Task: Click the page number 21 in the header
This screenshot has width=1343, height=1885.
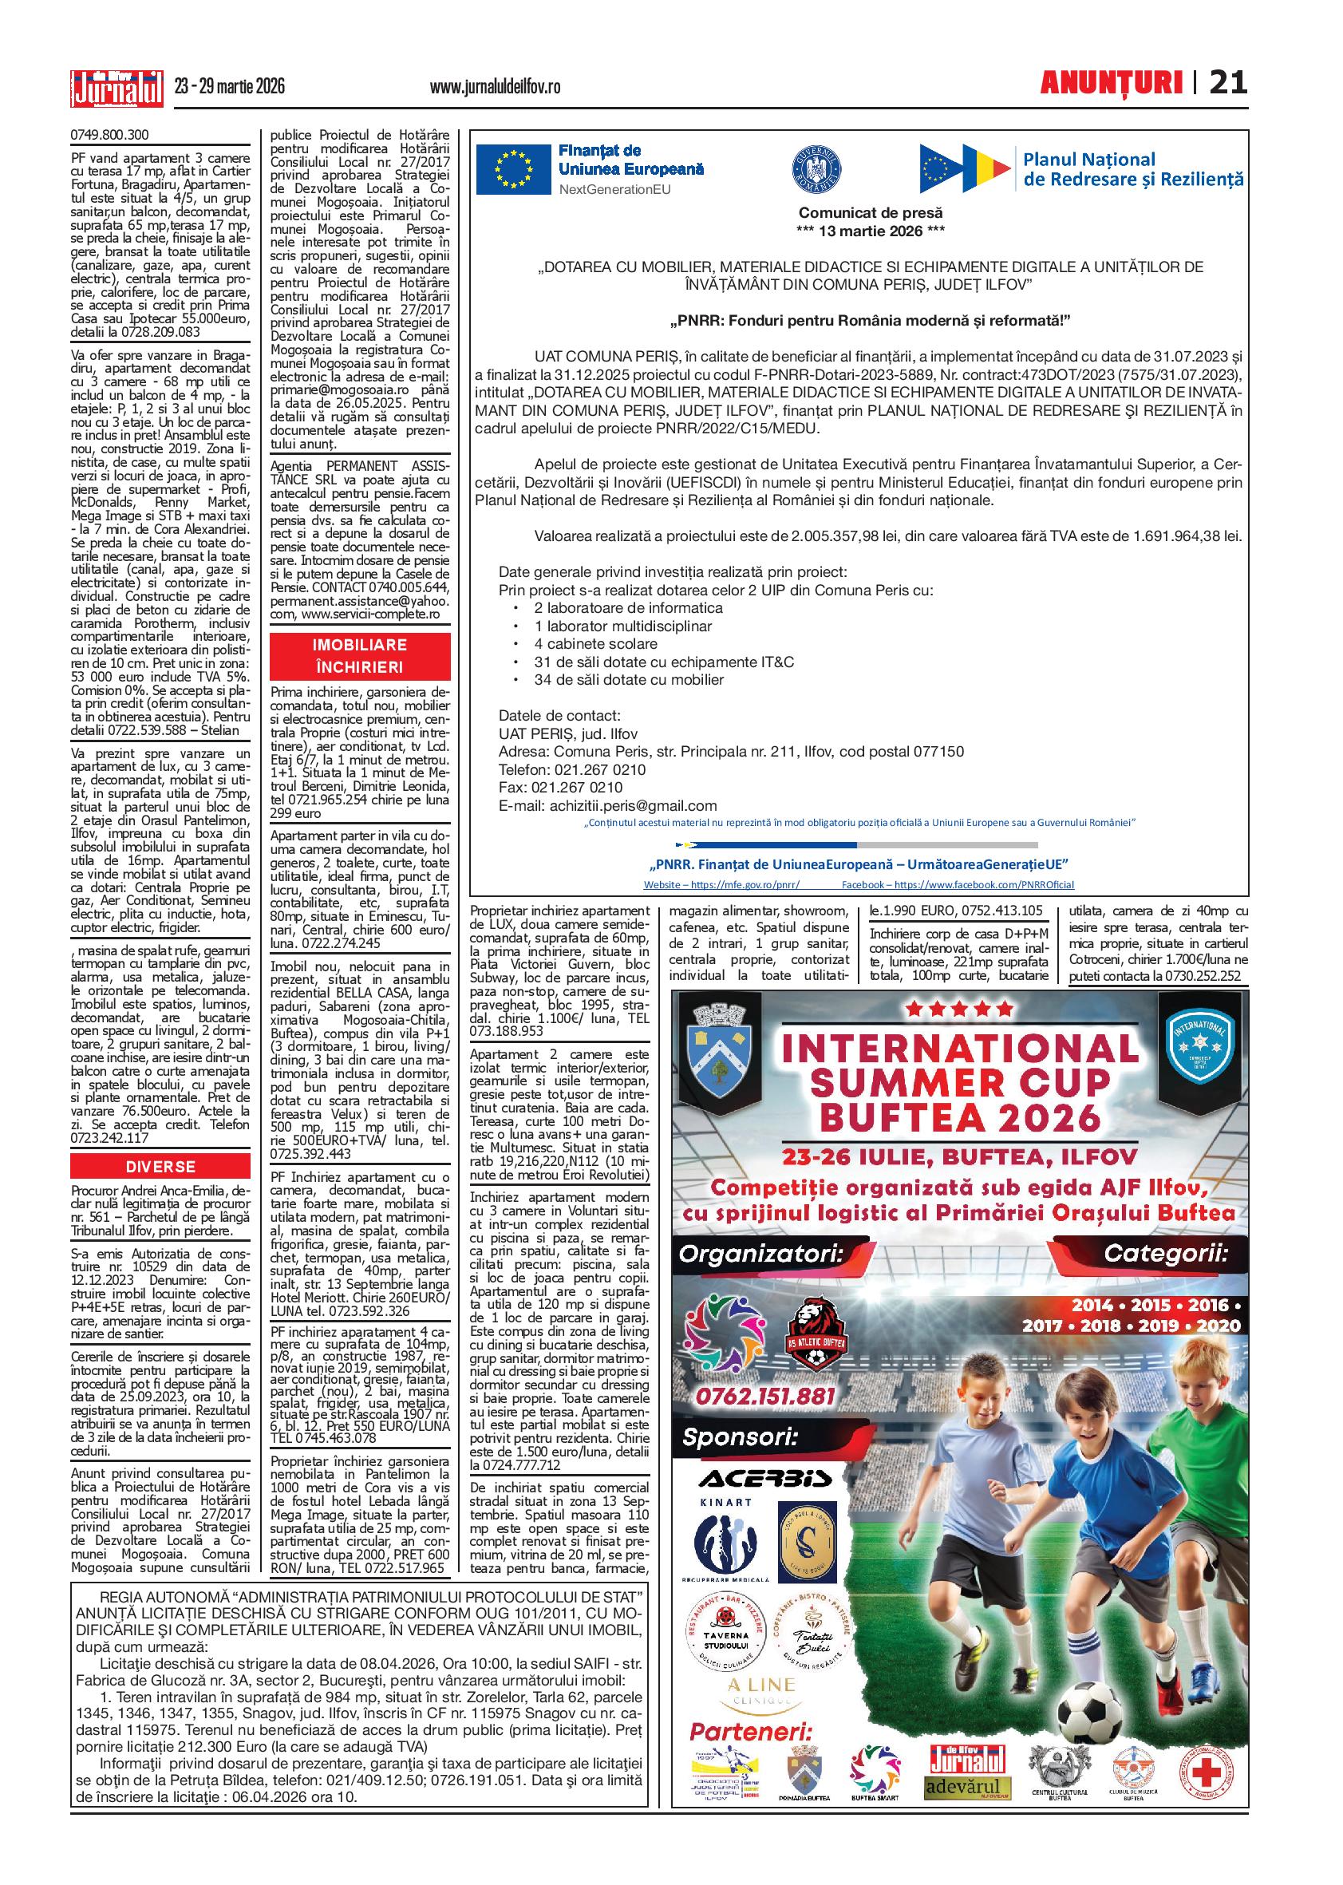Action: [x=1227, y=83]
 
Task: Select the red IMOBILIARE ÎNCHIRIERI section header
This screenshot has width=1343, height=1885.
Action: [x=359, y=656]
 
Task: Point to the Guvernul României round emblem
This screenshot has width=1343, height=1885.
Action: [x=816, y=168]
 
